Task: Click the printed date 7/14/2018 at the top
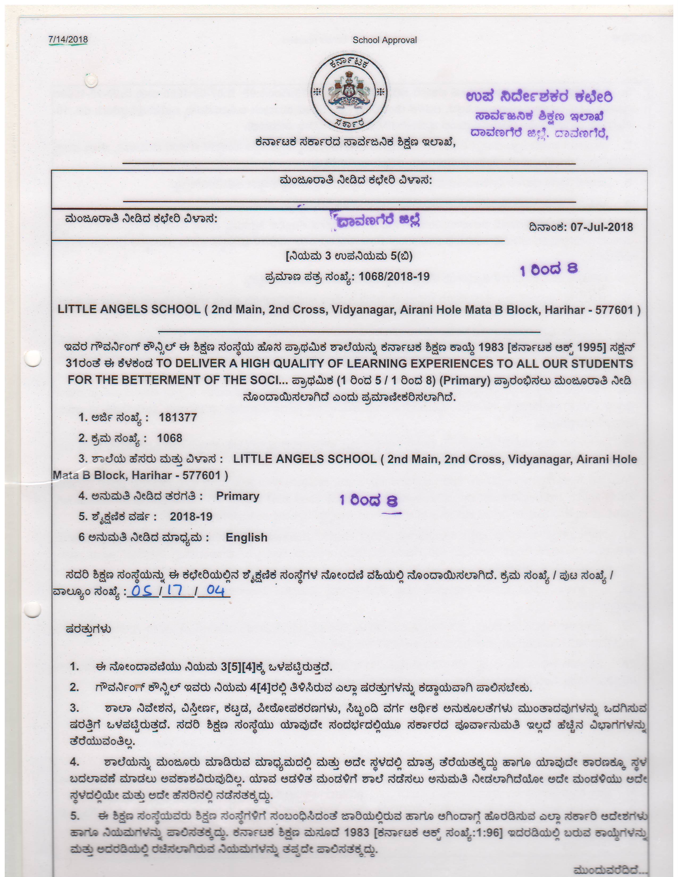(68, 39)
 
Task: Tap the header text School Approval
(384, 40)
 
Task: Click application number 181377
(178, 418)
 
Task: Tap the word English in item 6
(246, 537)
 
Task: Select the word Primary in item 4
(237, 496)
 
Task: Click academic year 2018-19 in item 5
(191, 517)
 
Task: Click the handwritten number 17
(175, 590)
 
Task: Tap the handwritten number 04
(215, 590)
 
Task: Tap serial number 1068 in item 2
(170, 438)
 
